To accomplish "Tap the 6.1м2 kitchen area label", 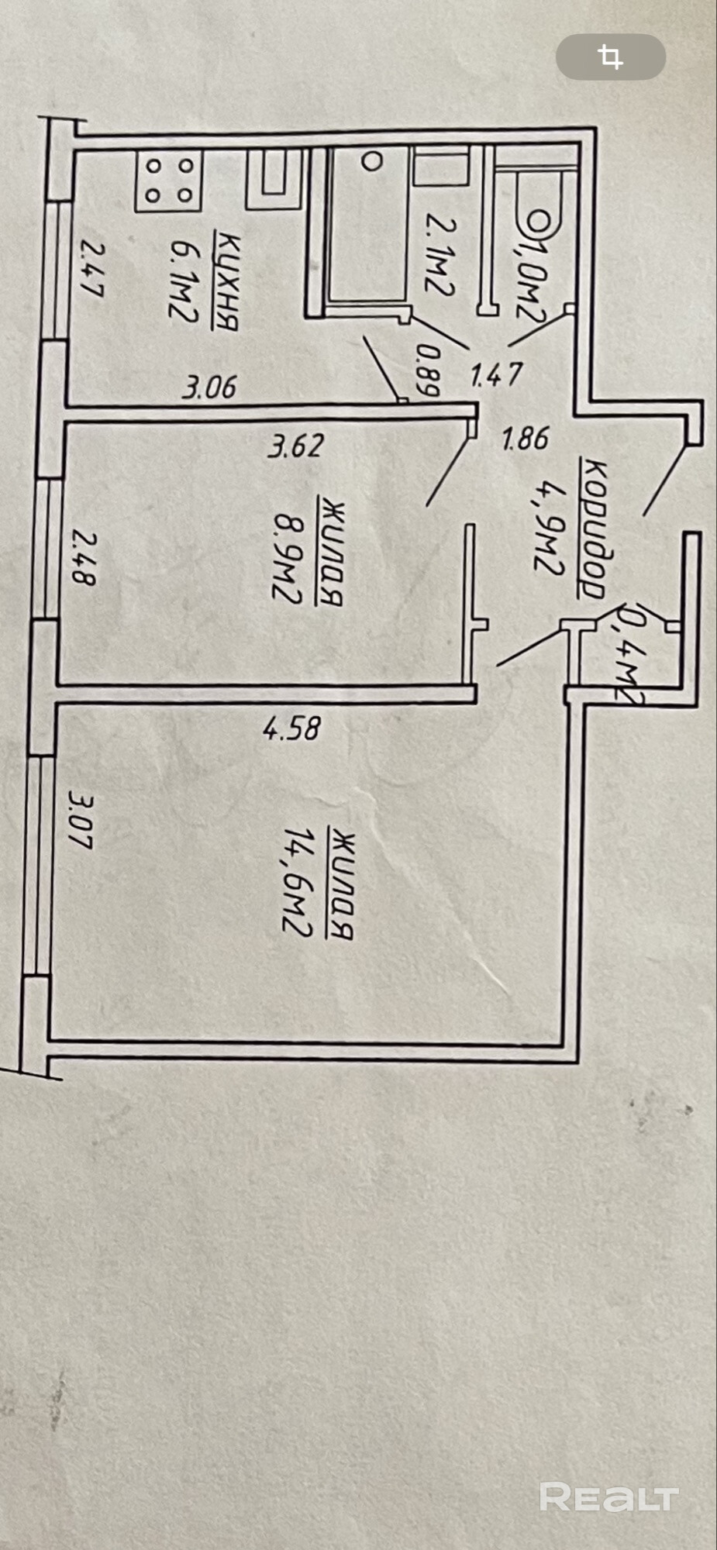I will [x=183, y=278].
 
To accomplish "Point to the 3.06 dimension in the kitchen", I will [x=209, y=386].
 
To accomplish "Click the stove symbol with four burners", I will [x=169, y=180].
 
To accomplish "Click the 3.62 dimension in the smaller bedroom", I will [x=295, y=446].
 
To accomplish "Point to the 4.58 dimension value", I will [x=291, y=728].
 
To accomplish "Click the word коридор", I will [x=593, y=529].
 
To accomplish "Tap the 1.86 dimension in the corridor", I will [x=525, y=439].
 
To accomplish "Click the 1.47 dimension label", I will [x=497, y=375].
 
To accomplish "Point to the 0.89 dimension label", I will [x=429, y=370].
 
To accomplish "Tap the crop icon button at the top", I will [x=611, y=57].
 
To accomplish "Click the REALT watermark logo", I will [x=608, y=1497].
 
